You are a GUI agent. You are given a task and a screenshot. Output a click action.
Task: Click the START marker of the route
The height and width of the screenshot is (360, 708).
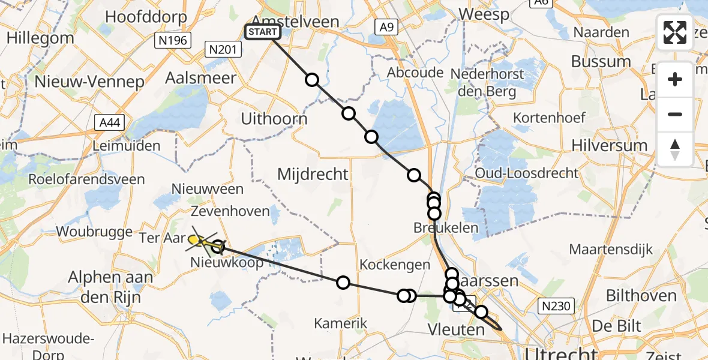click(263, 32)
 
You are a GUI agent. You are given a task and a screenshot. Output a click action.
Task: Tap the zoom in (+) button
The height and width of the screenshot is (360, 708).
click(675, 79)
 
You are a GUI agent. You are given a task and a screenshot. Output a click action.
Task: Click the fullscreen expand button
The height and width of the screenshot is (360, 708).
click(675, 32)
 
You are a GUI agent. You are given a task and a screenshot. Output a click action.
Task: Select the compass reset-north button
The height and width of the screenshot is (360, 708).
click(675, 149)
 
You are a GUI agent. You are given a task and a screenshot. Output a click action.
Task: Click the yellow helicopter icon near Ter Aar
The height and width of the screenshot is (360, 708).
click(198, 241)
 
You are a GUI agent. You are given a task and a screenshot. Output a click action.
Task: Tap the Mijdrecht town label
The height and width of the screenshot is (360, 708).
click(313, 175)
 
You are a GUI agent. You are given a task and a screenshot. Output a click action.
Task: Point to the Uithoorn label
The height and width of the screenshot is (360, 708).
click(274, 119)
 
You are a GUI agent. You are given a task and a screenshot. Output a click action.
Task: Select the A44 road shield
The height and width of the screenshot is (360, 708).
click(109, 124)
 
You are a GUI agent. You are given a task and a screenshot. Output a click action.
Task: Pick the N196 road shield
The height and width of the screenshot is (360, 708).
click(172, 41)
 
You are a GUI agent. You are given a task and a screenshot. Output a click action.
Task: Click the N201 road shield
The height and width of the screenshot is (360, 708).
click(221, 49)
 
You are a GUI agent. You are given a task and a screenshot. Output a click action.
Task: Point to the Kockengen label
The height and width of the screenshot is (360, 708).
click(395, 265)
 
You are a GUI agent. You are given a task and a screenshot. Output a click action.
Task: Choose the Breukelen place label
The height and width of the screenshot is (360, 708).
click(446, 227)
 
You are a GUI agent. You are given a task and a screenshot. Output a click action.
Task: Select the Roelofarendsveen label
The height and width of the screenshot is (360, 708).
click(87, 179)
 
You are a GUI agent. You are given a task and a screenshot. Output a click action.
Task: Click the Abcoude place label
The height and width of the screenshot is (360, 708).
click(415, 73)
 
